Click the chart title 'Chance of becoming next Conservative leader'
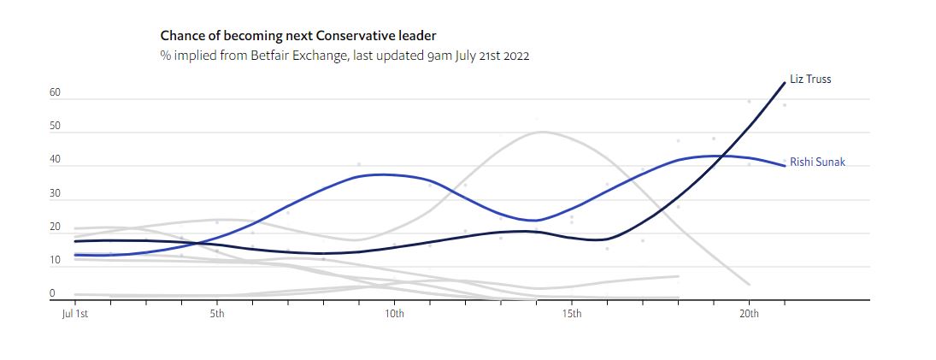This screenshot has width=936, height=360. click(298, 36)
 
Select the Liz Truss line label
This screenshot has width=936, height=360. click(810, 80)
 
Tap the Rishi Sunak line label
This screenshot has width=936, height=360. click(817, 162)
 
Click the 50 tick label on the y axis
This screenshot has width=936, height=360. click(55, 127)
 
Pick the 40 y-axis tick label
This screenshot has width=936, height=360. click(55, 160)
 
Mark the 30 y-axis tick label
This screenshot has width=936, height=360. click(55, 193)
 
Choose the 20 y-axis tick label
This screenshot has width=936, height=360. click(55, 227)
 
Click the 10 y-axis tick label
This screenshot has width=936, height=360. click(55, 260)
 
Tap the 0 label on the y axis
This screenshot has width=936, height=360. click(52, 293)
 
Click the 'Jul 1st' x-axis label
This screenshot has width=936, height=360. click(75, 314)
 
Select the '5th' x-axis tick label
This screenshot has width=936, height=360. click(217, 314)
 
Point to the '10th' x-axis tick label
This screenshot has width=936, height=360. click(394, 314)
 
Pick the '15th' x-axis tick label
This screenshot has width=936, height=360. click(572, 314)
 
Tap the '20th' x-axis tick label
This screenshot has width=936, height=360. click(749, 314)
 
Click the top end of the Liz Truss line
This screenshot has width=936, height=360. click(785, 83)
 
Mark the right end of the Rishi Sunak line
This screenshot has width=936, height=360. click(785, 166)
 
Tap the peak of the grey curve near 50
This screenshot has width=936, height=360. click(542, 132)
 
